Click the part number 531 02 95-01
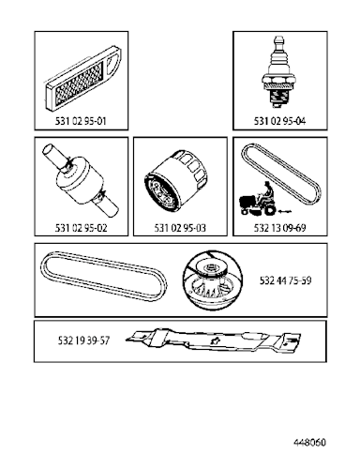click(81, 121)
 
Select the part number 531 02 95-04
click(279, 121)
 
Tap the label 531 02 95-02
click(81, 228)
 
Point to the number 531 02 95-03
click(180, 228)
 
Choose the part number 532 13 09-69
click(279, 228)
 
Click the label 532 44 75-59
click(285, 280)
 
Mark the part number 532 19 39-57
click(83, 340)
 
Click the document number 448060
click(309, 442)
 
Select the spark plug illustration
click(278, 72)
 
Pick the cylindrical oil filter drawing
click(176, 182)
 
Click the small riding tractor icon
click(258, 200)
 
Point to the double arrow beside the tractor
click(285, 212)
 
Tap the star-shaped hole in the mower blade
click(215, 340)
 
